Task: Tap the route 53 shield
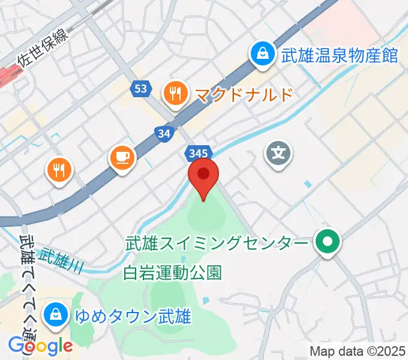click(140, 89)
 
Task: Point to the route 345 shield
click(198, 153)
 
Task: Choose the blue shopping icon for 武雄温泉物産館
click(262, 55)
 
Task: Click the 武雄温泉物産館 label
click(340, 55)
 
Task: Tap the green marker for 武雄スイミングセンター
click(328, 242)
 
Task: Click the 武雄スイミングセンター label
click(217, 244)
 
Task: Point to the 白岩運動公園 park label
click(172, 273)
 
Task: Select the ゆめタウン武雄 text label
click(133, 315)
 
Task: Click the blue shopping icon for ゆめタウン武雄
click(55, 314)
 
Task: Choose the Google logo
click(40, 345)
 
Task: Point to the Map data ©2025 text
click(358, 351)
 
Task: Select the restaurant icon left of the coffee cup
click(60, 171)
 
